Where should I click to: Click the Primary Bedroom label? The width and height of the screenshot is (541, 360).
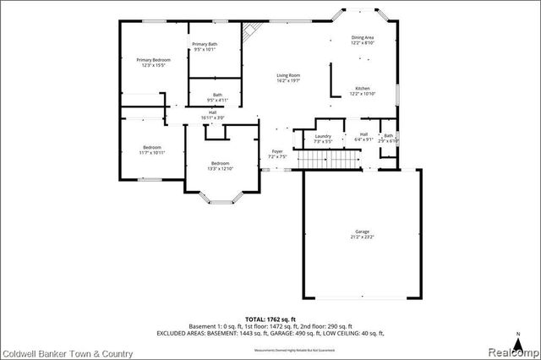[x=154, y=60]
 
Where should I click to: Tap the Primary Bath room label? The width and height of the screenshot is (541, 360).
[x=205, y=44]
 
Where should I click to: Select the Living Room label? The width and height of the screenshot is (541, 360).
[x=288, y=76]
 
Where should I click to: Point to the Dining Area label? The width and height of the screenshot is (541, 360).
[x=363, y=37]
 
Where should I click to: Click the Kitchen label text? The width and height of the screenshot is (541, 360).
[x=363, y=88]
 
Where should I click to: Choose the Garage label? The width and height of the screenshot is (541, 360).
[x=362, y=232]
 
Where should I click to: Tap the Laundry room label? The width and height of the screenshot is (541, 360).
[x=322, y=136]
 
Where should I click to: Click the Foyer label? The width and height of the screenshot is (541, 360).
[x=277, y=151]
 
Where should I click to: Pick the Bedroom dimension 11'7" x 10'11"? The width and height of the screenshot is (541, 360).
[x=153, y=152]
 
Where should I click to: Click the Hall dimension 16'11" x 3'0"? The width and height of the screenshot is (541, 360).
[x=213, y=117]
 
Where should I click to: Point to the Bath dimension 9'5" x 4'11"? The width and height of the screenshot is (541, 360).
[x=217, y=101]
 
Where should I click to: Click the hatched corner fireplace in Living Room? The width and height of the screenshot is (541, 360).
[x=250, y=31]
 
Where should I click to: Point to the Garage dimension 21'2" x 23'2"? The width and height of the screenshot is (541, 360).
[x=362, y=237]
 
